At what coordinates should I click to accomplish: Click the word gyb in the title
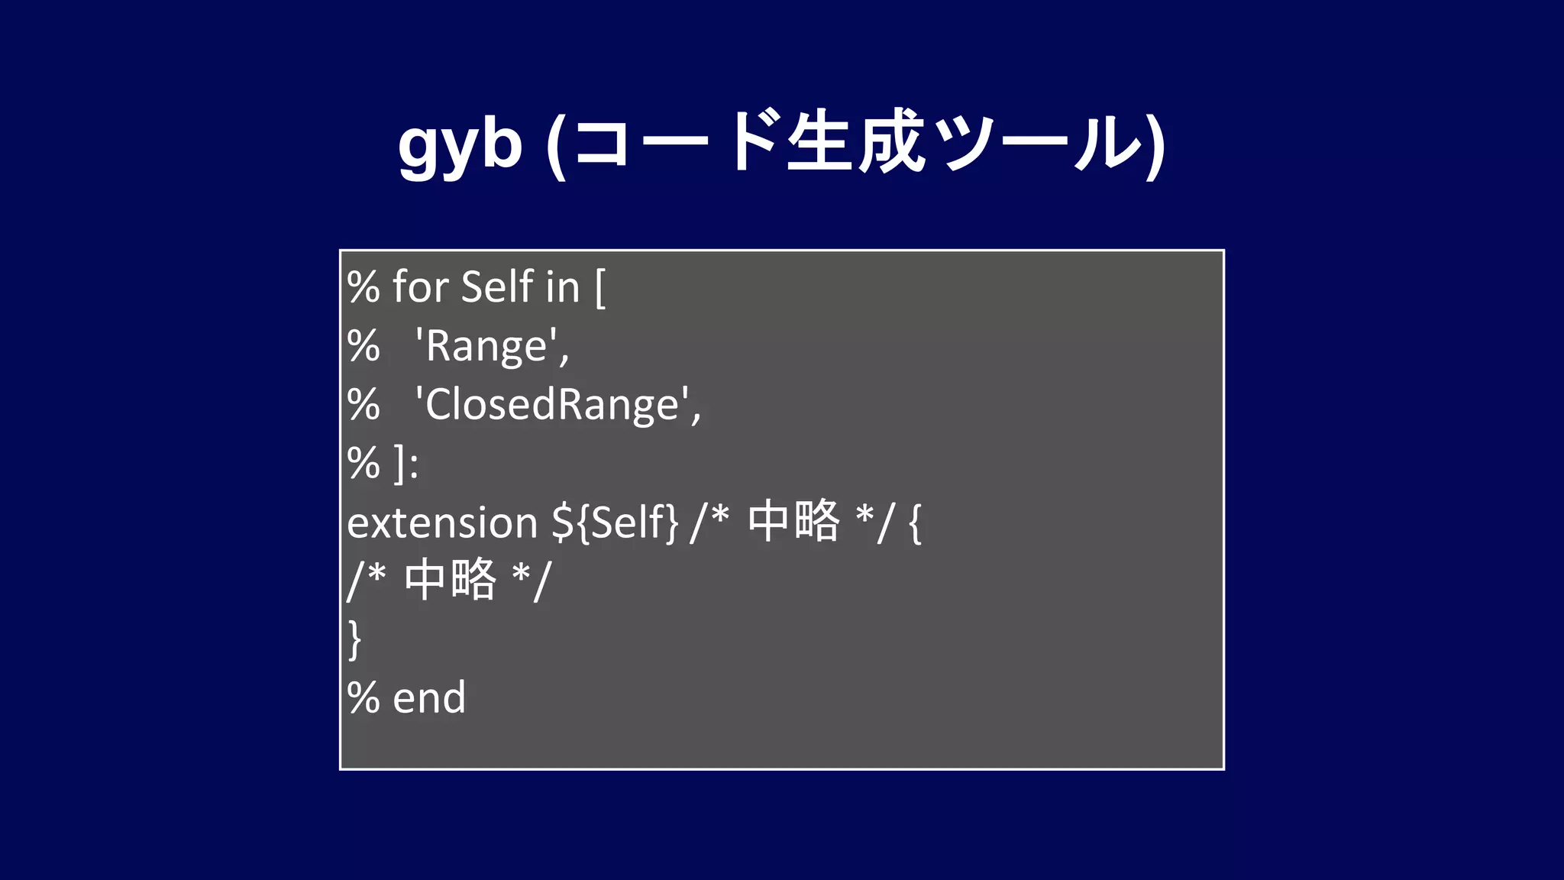coord(460,145)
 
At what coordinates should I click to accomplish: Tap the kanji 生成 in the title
coord(856,143)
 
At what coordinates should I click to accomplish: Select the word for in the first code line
coord(420,287)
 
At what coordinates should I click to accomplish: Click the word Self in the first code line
coord(497,287)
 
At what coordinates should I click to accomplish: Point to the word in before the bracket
coord(563,288)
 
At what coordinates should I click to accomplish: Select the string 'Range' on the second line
coord(491,347)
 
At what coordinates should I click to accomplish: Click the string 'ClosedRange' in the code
coord(557,405)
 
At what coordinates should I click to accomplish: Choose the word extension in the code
coord(443,523)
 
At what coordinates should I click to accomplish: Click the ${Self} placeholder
coord(615,523)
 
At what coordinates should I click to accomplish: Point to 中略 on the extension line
coord(793,522)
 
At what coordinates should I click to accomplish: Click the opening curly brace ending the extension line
coord(916,524)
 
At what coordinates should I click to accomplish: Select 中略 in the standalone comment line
coord(451,580)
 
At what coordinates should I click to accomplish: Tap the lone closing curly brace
coord(354,639)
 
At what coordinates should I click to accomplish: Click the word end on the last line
coord(429,698)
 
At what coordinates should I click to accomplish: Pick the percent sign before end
coord(364,698)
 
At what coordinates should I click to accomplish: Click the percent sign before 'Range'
coord(364,347)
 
